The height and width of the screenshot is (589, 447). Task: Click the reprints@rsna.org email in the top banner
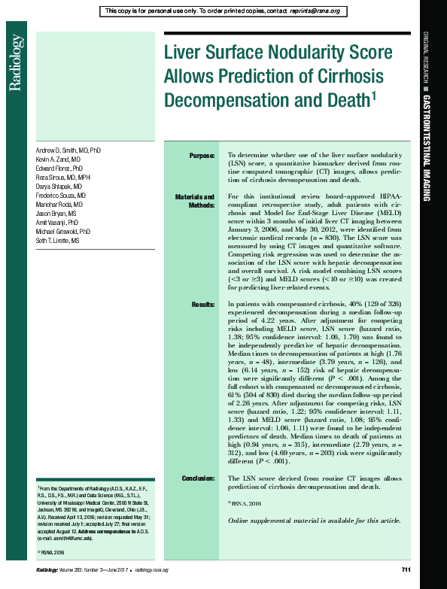[314, 11]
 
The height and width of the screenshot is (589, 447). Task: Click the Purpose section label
[201, 156]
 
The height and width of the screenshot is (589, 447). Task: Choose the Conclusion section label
[198, 478]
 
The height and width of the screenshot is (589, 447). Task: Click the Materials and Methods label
[196, 201]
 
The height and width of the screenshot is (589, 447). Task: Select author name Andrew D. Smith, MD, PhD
[68, 150]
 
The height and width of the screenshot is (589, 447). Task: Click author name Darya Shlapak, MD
[59, 186]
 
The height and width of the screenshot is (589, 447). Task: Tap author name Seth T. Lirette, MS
[61, 240]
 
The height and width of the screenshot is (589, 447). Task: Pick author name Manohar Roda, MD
[59, 204]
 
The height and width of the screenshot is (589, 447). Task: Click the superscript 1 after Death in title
[373, 95]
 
